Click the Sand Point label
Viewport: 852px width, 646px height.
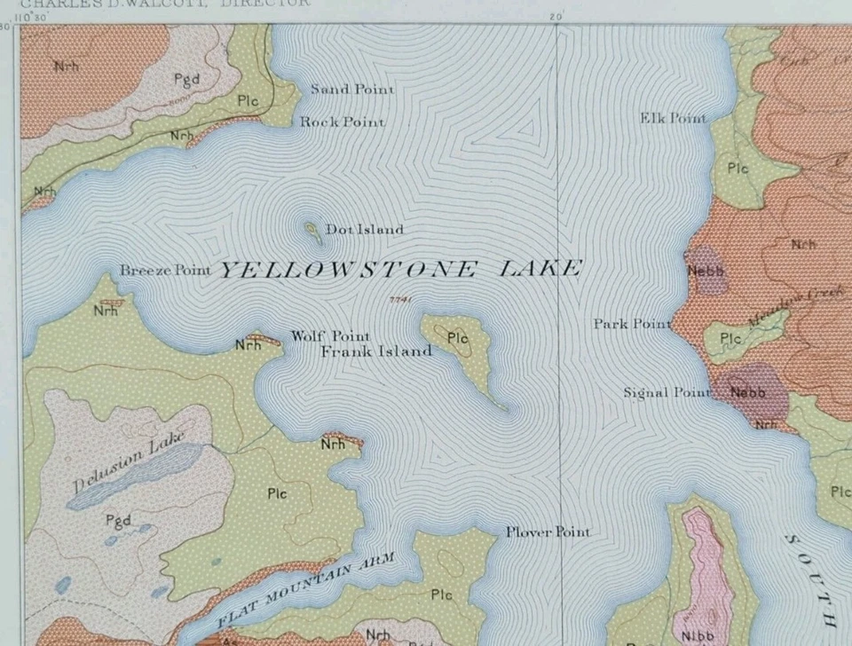pos(352,90)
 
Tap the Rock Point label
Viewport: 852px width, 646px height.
pos(342,122)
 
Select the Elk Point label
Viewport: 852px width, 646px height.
pos(674,118)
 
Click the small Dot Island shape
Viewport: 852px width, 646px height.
pos(312,232)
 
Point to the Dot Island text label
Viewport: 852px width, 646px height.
pos(364,230)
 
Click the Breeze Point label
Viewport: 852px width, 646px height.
pos(165,270)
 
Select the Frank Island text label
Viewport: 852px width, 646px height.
pos(375,351)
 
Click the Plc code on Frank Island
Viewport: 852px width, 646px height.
pos(457,337)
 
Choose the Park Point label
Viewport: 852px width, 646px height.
pos(632,324)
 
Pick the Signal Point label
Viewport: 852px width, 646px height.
pos(667,392)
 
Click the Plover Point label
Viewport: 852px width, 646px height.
pos(548,532)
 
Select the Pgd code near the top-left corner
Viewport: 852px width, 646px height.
pos(187,79)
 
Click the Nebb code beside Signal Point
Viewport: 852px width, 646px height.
pos(747,392)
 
